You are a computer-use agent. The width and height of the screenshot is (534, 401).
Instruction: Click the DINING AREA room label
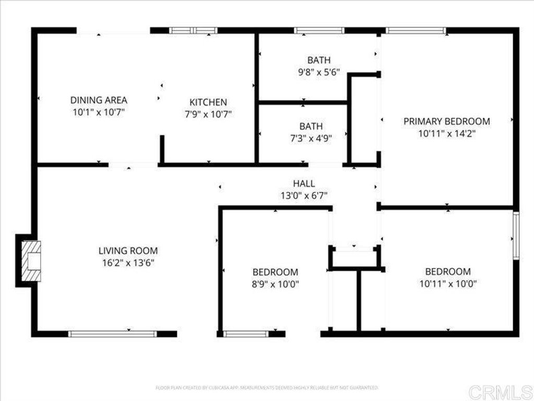99,100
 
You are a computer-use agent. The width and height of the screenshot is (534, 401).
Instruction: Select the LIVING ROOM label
128,251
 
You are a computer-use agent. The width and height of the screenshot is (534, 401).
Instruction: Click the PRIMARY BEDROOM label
446,121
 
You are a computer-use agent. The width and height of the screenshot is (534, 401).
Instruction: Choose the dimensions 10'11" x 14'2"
446,133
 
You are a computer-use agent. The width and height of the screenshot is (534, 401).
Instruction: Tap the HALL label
304,183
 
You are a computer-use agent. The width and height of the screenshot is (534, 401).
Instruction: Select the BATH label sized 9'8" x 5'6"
319,60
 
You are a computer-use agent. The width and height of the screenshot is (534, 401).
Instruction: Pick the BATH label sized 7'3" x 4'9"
311,126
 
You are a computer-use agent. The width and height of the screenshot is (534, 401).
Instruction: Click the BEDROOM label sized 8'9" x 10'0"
275,272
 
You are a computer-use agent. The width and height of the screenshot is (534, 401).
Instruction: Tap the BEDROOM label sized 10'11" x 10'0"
447,272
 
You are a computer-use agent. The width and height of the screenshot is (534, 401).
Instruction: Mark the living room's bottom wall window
113,333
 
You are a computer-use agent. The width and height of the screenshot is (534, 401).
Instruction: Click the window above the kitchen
193,31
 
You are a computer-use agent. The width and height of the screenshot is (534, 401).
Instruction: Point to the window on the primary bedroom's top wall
416,31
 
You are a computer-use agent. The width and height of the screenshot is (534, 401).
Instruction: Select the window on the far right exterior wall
516,235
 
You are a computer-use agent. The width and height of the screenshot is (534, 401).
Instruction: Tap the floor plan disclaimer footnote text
266,387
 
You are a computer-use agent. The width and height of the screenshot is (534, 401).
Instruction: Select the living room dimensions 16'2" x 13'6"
128,263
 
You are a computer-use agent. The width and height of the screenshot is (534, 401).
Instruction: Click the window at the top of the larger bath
319,31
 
